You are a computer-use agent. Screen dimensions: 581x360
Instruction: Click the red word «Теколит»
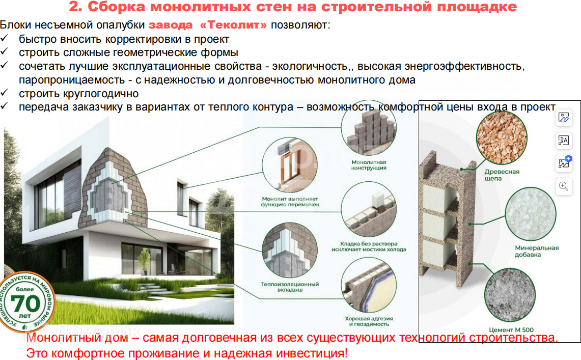pos(233,25)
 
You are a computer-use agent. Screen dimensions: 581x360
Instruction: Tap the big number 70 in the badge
pos(25,303)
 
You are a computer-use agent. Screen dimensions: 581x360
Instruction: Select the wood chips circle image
pos(502,137)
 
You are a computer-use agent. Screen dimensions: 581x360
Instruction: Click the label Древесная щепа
pos(502,175)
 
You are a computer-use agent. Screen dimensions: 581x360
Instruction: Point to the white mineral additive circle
pos(531,214)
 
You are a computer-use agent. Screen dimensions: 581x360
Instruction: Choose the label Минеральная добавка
pos(537,251)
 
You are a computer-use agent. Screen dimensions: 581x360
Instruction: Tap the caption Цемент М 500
pos(511,329)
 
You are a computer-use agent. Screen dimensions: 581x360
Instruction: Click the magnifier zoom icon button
pos(563,186)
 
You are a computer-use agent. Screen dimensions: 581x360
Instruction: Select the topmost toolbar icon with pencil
pos(563,118)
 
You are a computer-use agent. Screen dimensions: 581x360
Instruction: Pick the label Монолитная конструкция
pos(369,165)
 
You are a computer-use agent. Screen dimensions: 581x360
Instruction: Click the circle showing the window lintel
pos(289,165)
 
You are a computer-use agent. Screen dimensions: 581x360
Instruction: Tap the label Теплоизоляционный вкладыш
pos(290,287)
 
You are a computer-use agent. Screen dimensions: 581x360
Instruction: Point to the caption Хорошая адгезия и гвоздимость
pos(369,321)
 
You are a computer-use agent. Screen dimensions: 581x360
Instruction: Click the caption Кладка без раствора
pos(369,244)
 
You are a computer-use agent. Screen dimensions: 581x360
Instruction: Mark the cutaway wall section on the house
pos(114,189)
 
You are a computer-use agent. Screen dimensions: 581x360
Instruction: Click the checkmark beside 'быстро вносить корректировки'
pos(4,38)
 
